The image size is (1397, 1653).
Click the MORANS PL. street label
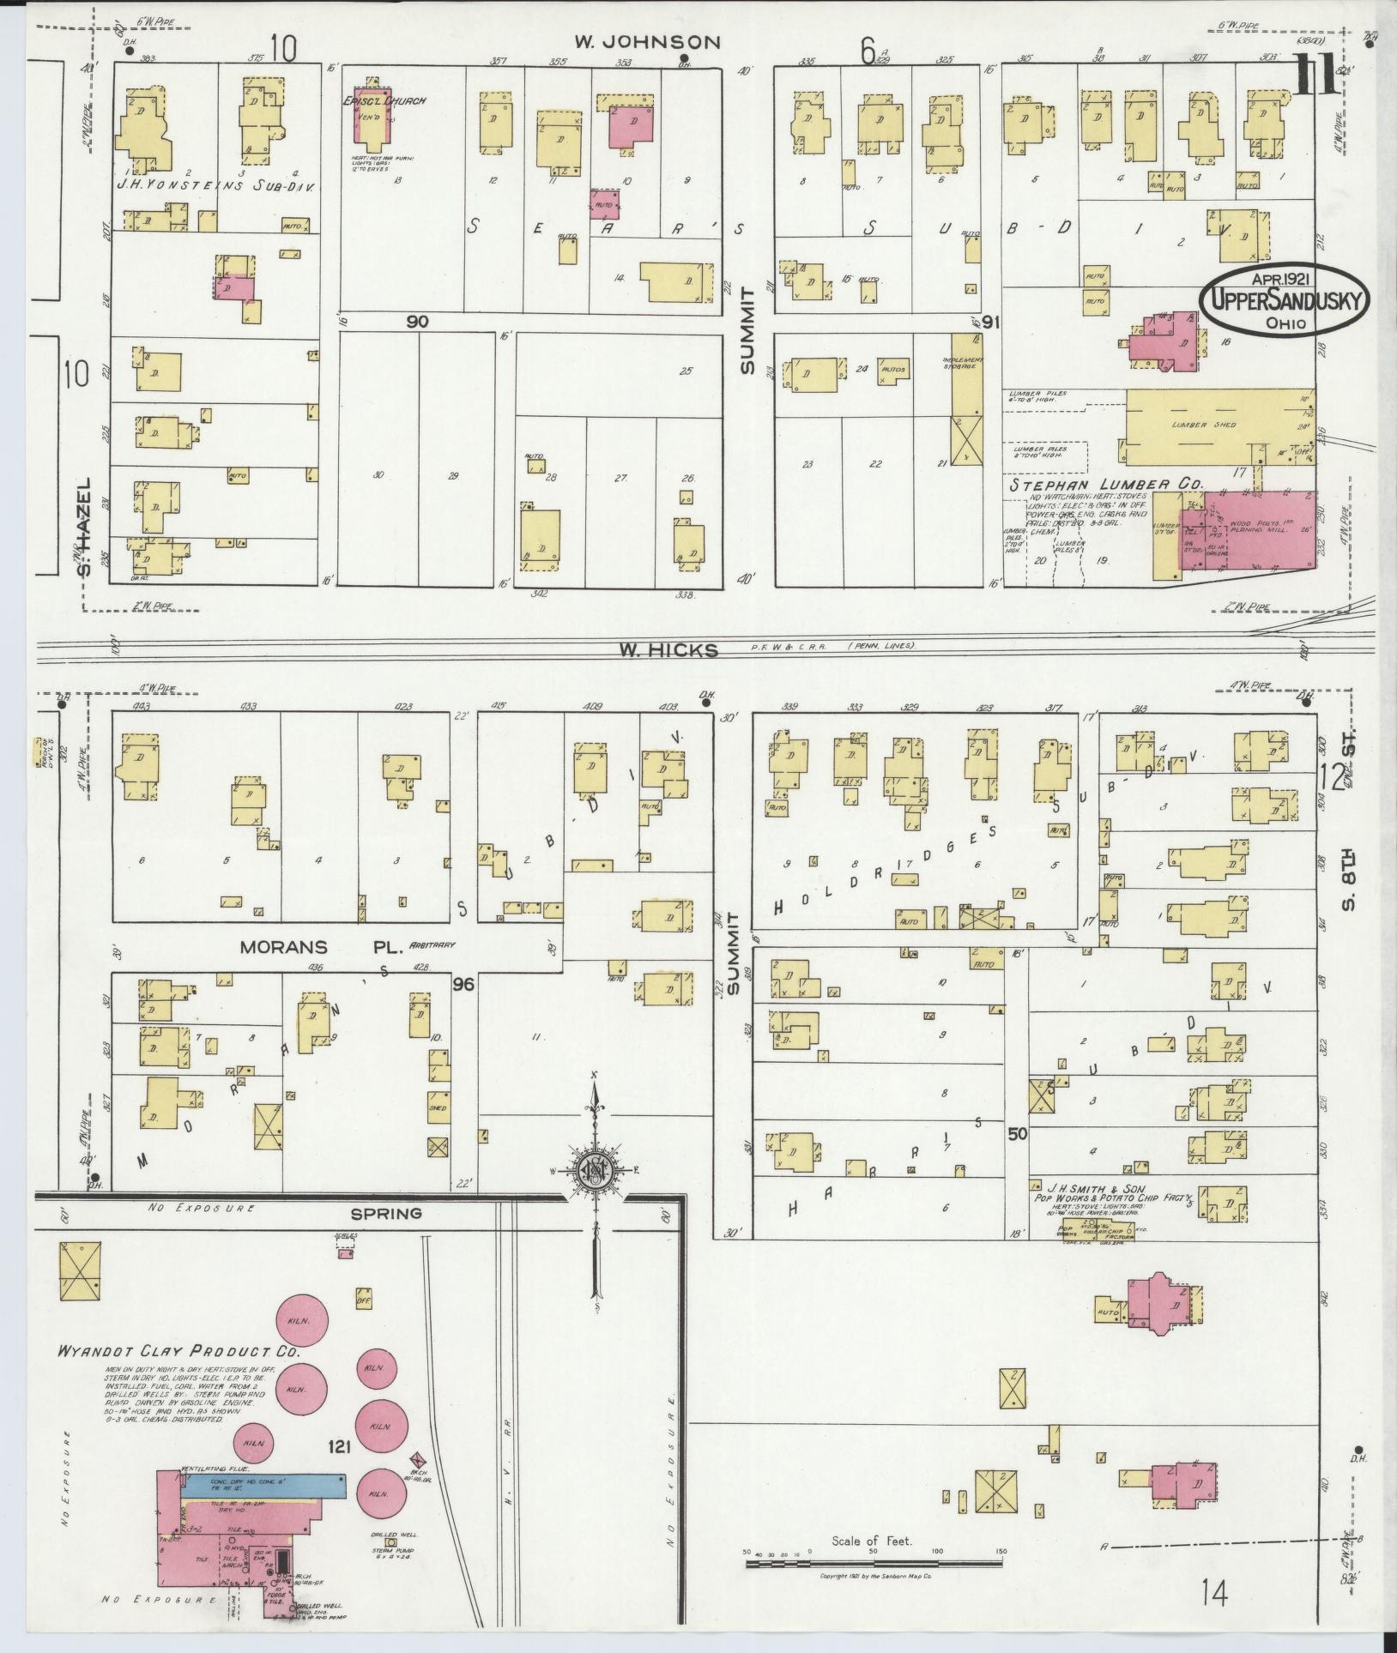313,948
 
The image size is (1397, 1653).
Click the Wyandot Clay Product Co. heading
178,1350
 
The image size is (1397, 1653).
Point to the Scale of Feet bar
874,1564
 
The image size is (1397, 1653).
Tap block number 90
418,322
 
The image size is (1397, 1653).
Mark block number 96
464,985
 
